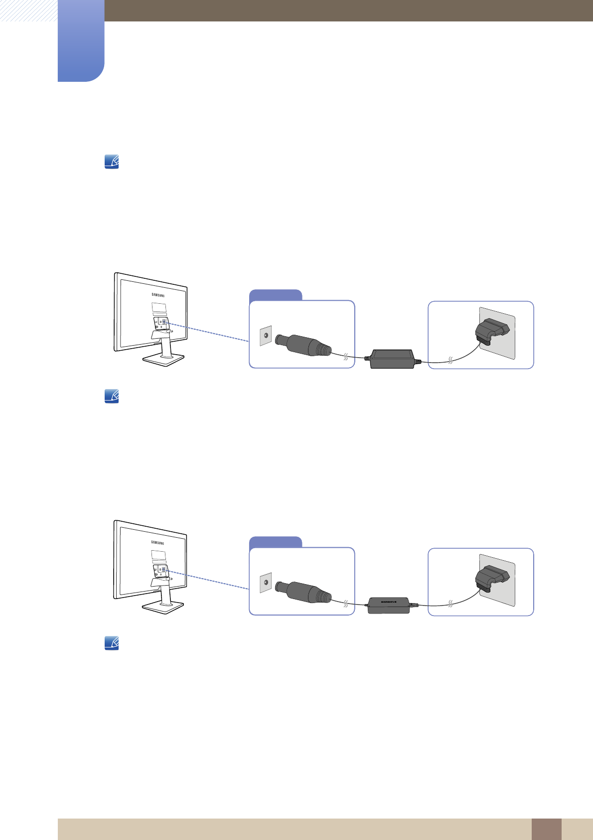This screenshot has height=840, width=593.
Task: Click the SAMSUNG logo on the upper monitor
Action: tap(158, 295)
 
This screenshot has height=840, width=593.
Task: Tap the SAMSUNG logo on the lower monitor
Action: tap(157, 542)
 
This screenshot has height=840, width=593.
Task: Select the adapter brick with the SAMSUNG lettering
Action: tap(389, 605)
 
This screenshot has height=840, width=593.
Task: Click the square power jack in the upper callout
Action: tap(266, 336)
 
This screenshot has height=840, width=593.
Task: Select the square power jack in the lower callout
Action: tap(266, 583)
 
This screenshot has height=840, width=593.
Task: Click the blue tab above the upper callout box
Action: tap(276, 295)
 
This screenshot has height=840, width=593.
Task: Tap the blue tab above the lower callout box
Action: tap(276, 542)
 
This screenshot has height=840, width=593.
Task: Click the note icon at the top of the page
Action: tap(112, 162)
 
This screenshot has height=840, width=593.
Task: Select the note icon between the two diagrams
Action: tap(112, 396)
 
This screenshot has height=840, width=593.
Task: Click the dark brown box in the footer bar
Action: tap(546, 829)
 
